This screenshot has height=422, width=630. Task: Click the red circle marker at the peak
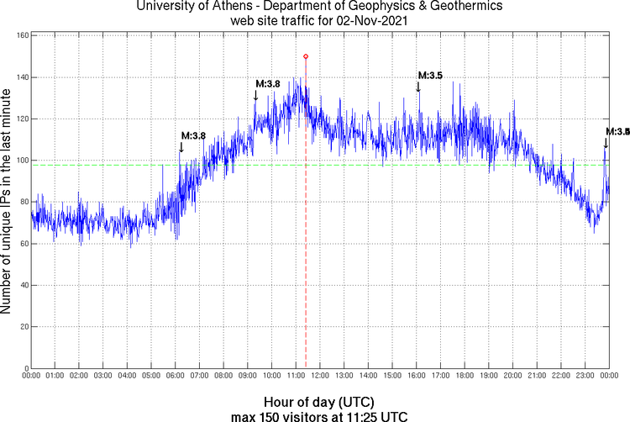coord(306,56)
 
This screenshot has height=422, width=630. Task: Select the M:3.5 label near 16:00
coord(430,76)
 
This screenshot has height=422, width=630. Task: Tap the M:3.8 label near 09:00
coord(267,83)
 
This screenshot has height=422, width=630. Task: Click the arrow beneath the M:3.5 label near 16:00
coord(418,87)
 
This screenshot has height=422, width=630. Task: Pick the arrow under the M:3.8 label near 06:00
coord(181,147)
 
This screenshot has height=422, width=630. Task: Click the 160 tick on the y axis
coord(24,36)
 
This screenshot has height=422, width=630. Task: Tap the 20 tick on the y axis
coord(23,327)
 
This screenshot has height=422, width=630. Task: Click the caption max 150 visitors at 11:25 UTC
coord(318,415)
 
